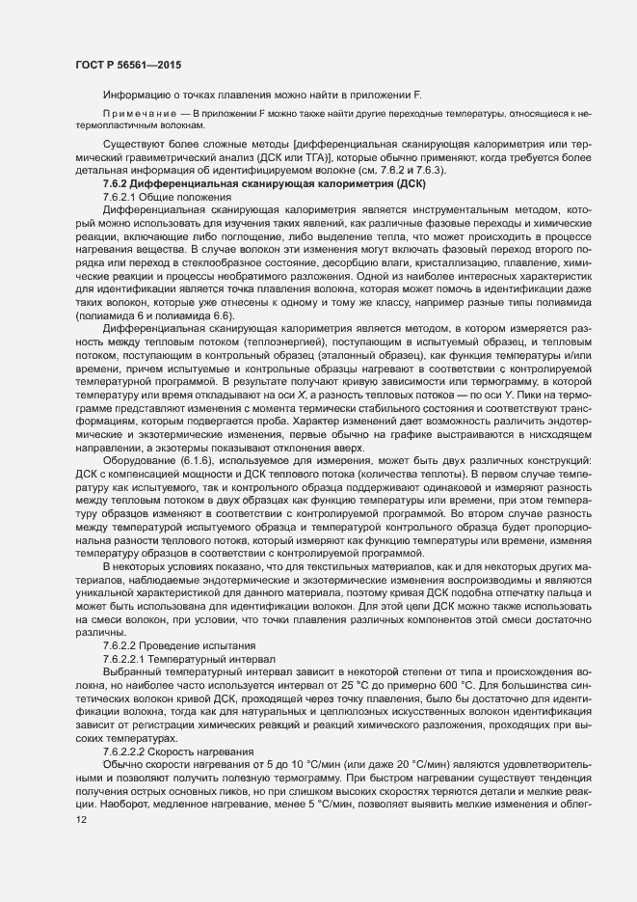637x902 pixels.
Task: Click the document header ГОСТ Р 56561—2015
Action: pos(128,64)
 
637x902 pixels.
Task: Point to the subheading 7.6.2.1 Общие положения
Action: pos(160,196)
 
